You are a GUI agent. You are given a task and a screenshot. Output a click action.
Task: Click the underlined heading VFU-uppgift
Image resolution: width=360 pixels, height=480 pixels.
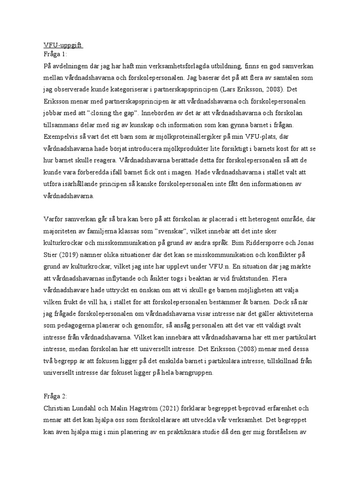click(60, 45)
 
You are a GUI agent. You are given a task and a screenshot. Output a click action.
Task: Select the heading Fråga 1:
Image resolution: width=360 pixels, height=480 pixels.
click(55, 54)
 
